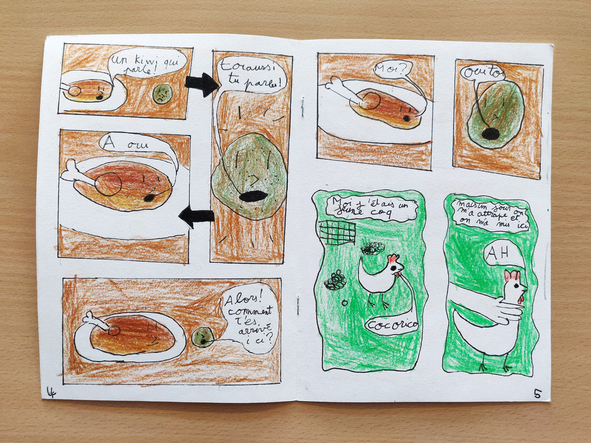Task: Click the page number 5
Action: (537, 393)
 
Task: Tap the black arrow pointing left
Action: (196, 216)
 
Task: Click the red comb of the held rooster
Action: (513, 276)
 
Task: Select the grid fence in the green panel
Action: (337, 233)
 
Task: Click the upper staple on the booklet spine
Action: (303, 107)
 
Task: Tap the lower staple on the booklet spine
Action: (298, 304)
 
